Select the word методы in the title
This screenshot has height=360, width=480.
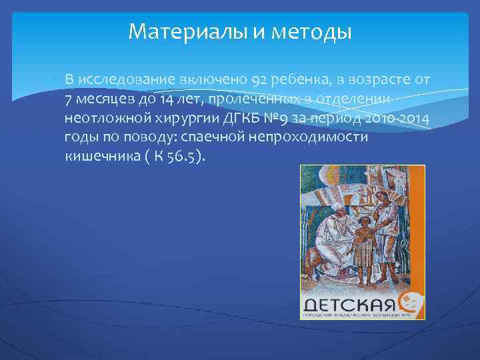point(313,31)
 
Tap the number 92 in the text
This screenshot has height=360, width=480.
point(261,81)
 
